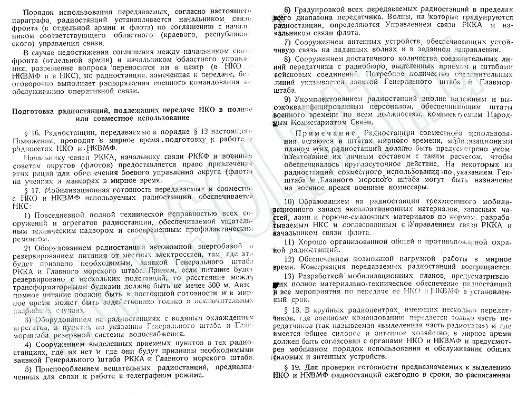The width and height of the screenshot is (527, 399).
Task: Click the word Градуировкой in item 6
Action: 320,10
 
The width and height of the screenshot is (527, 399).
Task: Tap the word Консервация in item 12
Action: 326,268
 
